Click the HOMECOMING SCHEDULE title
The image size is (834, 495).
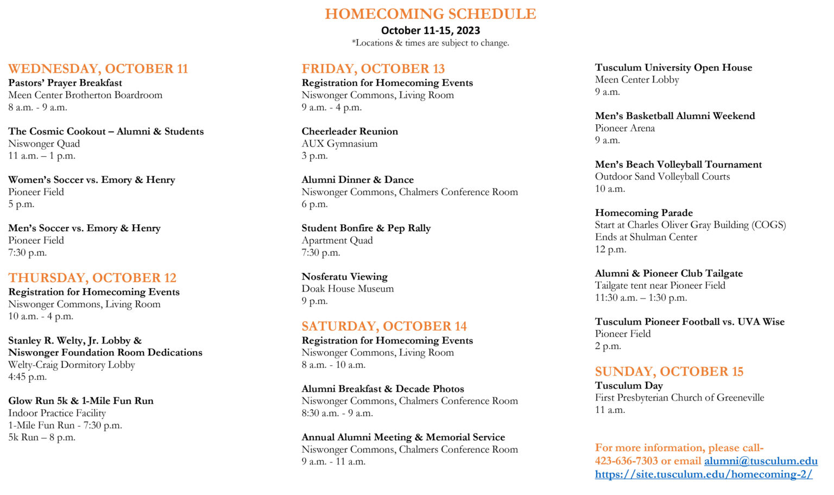[430, 14]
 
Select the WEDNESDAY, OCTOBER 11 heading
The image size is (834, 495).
[98, 69]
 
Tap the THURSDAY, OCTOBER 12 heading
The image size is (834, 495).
[92, 278]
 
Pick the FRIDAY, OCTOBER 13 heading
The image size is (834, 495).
[373, 69]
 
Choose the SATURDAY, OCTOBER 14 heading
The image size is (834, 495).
[384, 326]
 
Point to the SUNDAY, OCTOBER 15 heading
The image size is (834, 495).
[669, 372]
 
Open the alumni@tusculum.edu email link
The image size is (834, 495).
[760, 461]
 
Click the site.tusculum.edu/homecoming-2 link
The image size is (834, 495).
[703, 474]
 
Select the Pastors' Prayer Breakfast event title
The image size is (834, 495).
[65, 83]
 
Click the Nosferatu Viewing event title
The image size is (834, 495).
[344, 277]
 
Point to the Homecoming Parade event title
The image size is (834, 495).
[643, 213]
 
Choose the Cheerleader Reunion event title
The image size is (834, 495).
[350, 131]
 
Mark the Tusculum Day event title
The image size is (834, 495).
[629, 386]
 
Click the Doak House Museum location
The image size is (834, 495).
[347, 289]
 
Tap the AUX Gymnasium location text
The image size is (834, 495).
[339, 144]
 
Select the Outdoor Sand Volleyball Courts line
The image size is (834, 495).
[662, 176]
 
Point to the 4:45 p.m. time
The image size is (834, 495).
[27, 377]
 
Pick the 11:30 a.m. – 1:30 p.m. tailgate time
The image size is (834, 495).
[641, 297]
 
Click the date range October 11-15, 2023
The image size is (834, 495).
[430, 30]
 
